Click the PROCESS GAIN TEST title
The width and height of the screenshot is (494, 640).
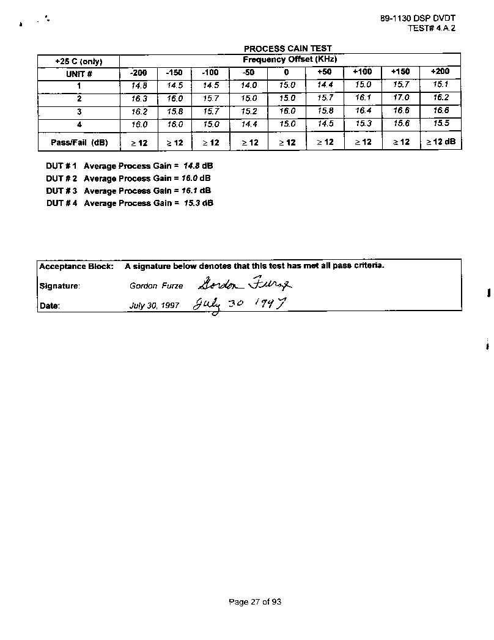[x=287, y=49]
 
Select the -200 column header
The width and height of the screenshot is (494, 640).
[x=139, y=73]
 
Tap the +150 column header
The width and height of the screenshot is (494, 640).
[x=400, y=72]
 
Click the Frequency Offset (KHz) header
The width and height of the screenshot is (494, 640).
[x=290, y=60]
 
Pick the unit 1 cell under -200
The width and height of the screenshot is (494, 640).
[x=139, y=86]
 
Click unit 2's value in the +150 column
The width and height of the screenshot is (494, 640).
[x=401, y=98]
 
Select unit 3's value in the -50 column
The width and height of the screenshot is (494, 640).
[x=249, y=111]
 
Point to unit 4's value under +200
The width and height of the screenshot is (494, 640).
[x=441, y=123]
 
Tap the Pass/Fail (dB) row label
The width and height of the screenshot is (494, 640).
[x=79, y=142]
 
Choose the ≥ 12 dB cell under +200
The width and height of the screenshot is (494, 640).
[x=441, y=142]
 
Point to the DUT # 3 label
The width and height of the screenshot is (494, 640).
[x=61, y=191]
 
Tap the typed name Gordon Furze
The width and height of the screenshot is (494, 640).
[x=156, y=286]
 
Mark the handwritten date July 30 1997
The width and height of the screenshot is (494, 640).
[x=239, y=304]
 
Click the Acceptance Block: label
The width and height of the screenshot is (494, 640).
[x=76, y=267]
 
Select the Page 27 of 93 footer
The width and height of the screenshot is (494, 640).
[x=255, y=602]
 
